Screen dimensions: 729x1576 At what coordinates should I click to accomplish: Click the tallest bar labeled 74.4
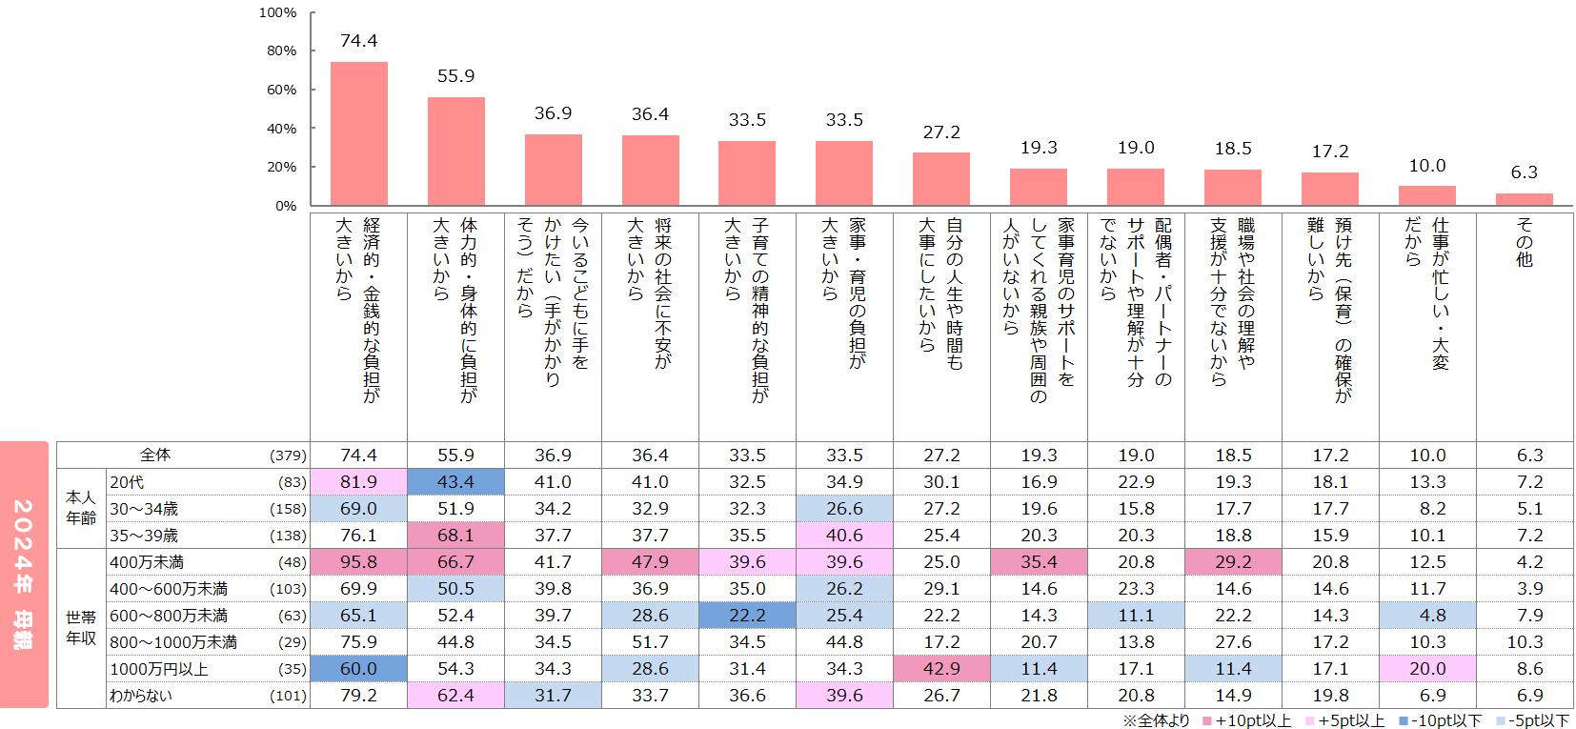[358, 133]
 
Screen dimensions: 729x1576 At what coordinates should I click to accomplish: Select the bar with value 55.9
[455, 152]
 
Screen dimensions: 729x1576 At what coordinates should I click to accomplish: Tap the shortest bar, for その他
[1524, 199]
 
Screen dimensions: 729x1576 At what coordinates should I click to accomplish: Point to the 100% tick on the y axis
[277, 13]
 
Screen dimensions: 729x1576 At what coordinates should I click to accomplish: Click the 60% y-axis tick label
[281, 90]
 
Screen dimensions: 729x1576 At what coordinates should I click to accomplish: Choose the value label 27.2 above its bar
[941, 132]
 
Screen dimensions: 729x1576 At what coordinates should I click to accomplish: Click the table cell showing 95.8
[358, 562]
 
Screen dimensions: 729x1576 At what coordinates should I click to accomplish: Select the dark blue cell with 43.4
[455, 482]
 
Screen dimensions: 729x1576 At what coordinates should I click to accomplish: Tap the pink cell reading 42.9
[941, 669]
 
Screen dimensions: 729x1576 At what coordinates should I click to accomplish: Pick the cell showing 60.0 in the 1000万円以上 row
[358, 669]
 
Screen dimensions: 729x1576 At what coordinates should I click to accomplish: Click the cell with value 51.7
[650, 642]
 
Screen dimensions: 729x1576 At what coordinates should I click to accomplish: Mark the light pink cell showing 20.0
[1427, 669]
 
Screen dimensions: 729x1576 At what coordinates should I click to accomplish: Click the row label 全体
[155, 456]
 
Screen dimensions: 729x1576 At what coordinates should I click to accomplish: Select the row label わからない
[141, 696]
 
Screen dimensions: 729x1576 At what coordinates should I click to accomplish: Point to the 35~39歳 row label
[144, 536]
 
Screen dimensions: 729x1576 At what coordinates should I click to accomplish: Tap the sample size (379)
[288, 456]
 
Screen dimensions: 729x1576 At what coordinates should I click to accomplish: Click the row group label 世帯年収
[81, 628]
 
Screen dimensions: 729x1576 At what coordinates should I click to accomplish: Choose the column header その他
[1524, 242]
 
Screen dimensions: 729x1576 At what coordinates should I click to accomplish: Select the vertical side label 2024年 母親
[24, 574]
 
